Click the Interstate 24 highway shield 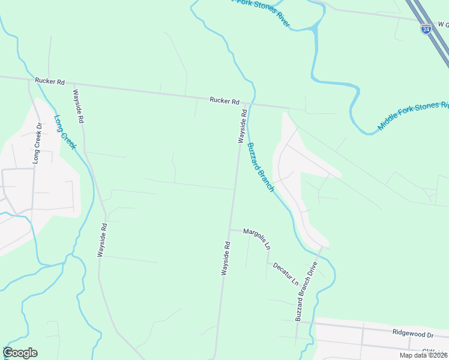tap(426, 29)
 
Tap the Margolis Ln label tap(257, 237)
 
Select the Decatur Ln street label tap(285, 273)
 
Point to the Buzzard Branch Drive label tap(306, 291)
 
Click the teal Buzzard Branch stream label tap(261, 167)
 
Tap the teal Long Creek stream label tap(65, 132)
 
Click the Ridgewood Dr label tap(413, 333)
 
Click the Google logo tap(20, 353)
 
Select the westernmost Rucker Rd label tap(49, 80)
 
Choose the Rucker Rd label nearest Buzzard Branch tap(224, 101)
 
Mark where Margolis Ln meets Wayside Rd tap(229, 229)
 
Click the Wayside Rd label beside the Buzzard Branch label tap(243, 125)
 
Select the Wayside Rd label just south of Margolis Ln tap(226, 258)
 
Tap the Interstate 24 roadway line tap(435, 36)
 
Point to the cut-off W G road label tap(443, 25)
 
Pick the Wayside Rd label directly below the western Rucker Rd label tap(78, 106)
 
